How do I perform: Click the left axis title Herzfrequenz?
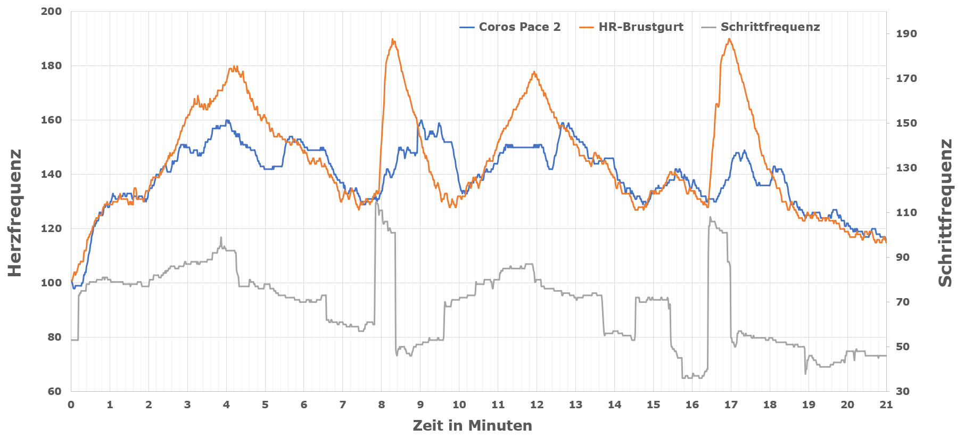15,213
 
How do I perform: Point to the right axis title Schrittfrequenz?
945,213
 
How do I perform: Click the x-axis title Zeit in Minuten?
472,426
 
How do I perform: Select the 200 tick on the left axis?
51,12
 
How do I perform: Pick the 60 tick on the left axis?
54,391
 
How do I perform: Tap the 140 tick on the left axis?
51,174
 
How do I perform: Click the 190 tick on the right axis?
907,34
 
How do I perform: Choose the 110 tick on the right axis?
907,212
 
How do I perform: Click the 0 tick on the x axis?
71,405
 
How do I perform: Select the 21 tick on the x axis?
886,405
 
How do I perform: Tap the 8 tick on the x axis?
382,405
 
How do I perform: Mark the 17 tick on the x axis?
731,405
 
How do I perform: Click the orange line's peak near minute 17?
729,39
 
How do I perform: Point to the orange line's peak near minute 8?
392,39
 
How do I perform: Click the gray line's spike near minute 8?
376,202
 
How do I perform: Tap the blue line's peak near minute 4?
227,120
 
